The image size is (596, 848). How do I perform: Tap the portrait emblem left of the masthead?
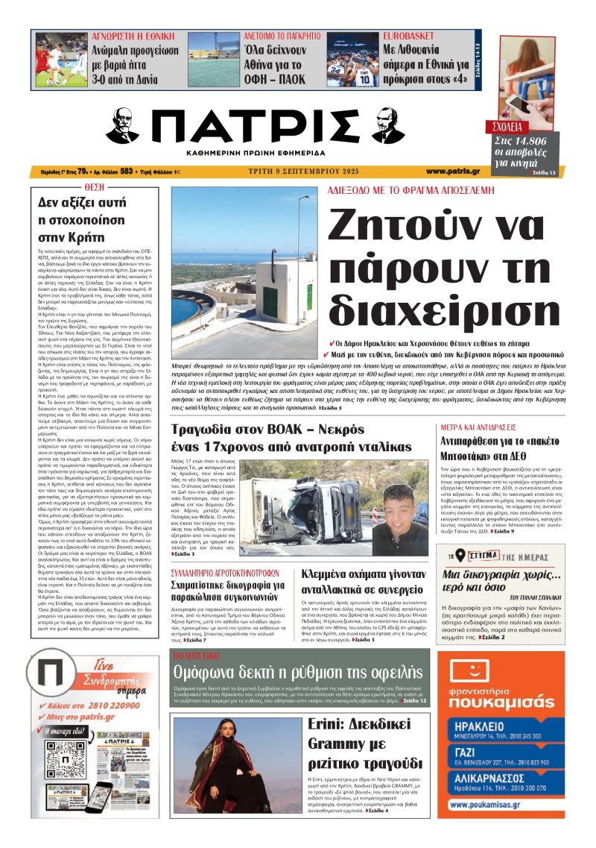121,126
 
